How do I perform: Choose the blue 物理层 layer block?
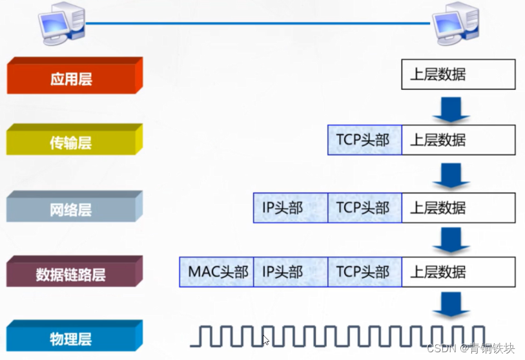point(73,337)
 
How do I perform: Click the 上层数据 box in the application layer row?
point(458,74)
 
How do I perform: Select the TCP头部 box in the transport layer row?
point(364,140)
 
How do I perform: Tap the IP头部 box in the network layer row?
point(291,207)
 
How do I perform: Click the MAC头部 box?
point(216,272)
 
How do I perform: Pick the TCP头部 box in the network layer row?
point(364,207)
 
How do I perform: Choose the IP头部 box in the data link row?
point(291,272)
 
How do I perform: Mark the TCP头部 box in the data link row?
point(364,272)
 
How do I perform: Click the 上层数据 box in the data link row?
point(458,272)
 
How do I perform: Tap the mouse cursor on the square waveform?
point(265,339)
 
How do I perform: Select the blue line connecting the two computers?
point(258,23)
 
